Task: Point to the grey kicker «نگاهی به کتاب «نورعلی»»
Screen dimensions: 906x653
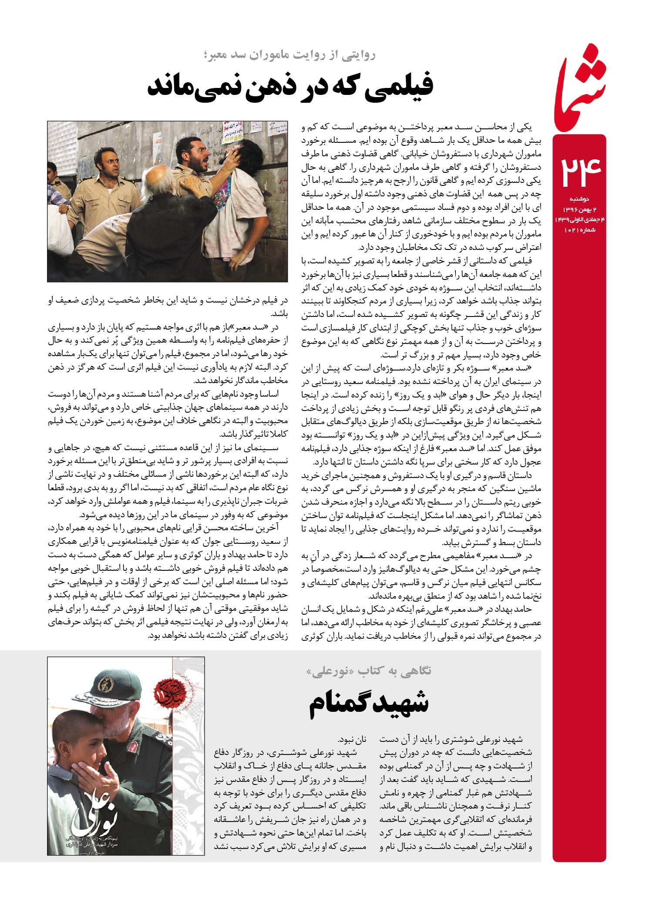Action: tap(369, 671)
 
